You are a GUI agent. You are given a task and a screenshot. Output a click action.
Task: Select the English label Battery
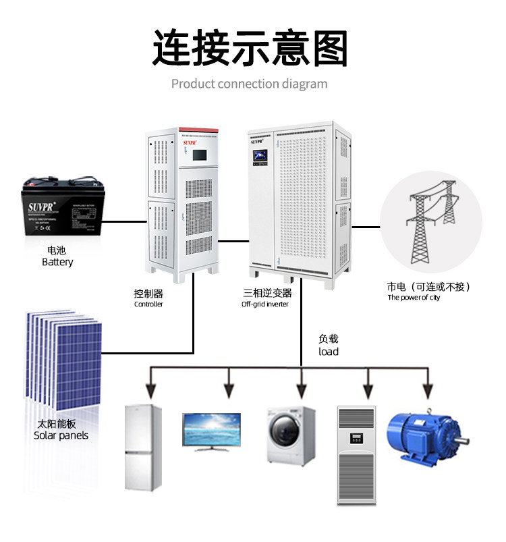pyautogui.click(x=57, y=262)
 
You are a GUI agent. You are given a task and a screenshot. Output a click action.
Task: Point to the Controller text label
pyautogui.click(x=148, y=304)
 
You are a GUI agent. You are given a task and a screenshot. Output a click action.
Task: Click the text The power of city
pyautogui.click(x=414, y=298)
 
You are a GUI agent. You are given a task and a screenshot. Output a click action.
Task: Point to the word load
pyautogui.click(x=329, y=352)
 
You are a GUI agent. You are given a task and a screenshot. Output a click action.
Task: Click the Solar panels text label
pyautogui.click(x=61, y=435)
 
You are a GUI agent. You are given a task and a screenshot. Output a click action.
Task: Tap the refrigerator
pyautogui.click(x=143, y=448)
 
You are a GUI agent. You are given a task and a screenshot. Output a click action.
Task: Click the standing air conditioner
pyautogui.click(x=356, y=454)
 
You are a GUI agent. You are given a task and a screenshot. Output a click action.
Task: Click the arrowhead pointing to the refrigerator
pyautogui.click(x=151, y=390)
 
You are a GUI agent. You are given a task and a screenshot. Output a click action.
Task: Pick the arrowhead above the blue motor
pyautogui.click(x=426, y=390)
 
